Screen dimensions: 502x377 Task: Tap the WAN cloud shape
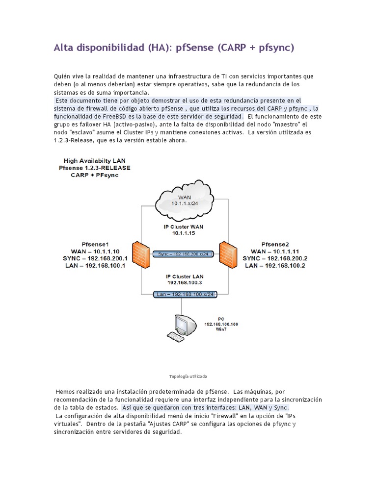pyautogui.click(x=185, y=199)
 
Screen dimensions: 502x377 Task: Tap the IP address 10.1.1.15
pyautogui.click(x=184, y=234)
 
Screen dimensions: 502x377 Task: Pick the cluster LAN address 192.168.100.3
pyautogui.click(x=184, y=283)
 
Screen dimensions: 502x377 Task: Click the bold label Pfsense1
pyautogui.click(x=96, y=244)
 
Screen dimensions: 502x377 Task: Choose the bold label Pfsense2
pyautogui.click(x=274, y=244)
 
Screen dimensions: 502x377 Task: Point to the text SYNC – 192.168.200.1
pyautogui.click(x=96, y=258)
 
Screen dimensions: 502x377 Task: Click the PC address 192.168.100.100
pyautogui.click(x=221, y=324)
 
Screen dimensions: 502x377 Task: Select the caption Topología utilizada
pyautogui.click(x=188, y=376)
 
